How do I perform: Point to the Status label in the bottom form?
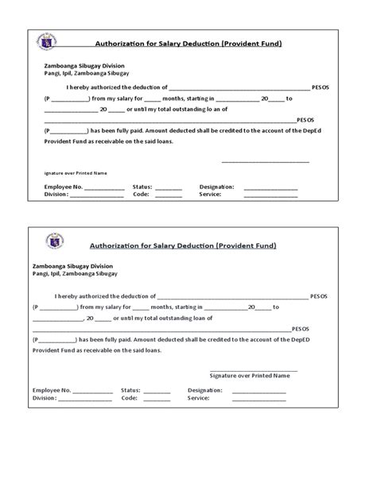pos(130,391)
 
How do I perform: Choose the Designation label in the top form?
pos(216,187)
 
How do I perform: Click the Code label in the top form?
pos(141,194)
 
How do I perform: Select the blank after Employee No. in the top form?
pos(104,187)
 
